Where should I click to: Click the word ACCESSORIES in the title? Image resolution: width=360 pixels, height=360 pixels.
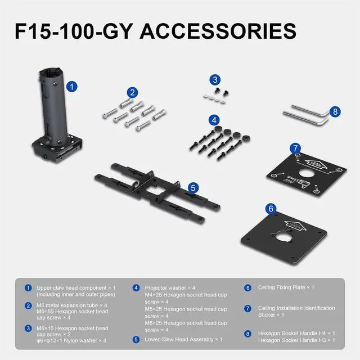[218, 31]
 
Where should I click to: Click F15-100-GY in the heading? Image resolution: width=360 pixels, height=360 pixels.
[74, 31]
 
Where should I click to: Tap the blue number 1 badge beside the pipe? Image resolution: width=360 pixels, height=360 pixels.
[72, 87]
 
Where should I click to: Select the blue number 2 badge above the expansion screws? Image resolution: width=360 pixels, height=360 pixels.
[133, 92]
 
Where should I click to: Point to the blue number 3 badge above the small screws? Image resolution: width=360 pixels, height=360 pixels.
[215, 80]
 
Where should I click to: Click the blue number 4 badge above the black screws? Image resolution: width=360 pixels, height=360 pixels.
[214, 120]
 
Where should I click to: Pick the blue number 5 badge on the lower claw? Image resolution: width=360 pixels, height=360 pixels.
[193, 188]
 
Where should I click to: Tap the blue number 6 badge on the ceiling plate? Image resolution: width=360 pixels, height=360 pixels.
[271, 209]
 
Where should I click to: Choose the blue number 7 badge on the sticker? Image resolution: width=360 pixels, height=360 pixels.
[295, 148]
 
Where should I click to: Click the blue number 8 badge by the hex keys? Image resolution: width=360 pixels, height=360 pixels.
[335, 112]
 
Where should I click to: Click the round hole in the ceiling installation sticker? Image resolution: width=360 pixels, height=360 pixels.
[307, 173]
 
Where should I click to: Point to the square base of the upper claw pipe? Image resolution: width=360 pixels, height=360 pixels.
[57, 149]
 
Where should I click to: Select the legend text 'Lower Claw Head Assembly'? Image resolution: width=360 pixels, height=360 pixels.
[179, 339]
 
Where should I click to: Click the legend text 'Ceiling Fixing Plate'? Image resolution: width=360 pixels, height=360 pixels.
[281, 287]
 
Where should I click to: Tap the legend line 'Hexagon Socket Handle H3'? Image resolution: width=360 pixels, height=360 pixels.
[292, 340]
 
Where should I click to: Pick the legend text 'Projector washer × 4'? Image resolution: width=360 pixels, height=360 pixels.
[170, 287]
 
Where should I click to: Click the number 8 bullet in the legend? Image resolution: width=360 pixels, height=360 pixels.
[247, 334]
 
